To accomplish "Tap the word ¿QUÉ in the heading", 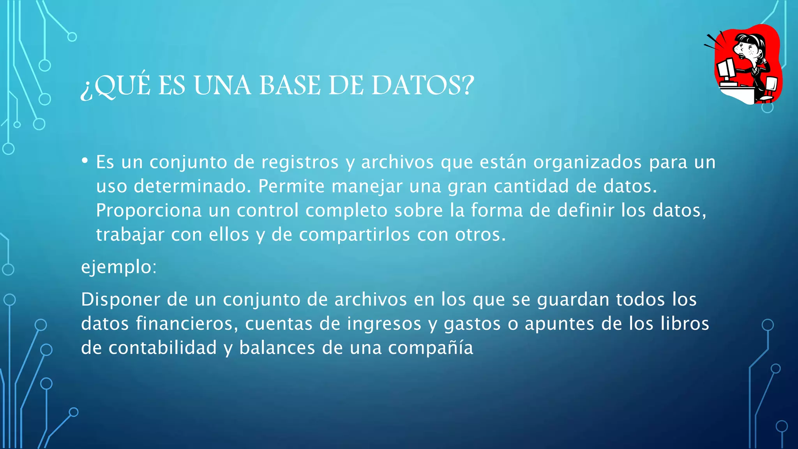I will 115,86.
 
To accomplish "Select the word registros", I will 300,162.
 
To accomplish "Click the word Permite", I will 291,186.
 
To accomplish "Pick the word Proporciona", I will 149,210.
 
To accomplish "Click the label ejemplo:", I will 119,267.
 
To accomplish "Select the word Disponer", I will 121,300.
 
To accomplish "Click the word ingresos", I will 384,324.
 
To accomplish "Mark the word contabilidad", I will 162,348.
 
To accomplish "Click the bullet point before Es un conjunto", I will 85,161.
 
